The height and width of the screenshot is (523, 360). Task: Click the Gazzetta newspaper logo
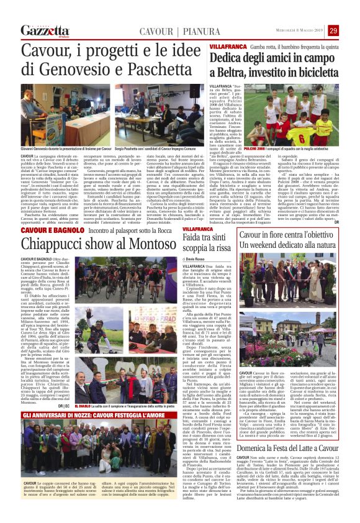click(45, 30)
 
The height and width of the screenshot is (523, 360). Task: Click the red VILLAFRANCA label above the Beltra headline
click(225, 47)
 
